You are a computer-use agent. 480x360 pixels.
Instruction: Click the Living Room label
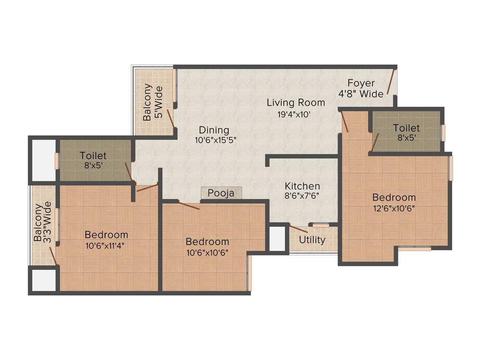coord(296,102)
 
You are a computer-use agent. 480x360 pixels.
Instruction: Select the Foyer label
coord(361,83)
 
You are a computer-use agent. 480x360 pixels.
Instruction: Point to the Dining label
coord(214,130)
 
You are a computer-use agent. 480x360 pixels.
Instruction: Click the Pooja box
coord(221,193)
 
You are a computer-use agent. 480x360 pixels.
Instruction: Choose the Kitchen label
coord(302,186)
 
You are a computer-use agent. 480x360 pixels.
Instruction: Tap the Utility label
coord(312,240)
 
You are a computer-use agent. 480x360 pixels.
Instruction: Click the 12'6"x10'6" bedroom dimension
coord(394,209)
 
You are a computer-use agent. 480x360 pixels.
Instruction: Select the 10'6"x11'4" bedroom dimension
coord(106,245)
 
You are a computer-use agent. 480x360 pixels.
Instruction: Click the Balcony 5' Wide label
coord(153,102)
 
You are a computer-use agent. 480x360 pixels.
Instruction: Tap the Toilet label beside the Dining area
coord(93,156)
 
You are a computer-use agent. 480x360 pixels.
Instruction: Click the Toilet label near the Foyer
coord(406,128)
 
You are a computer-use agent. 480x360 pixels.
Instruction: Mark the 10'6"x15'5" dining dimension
coord(214,140)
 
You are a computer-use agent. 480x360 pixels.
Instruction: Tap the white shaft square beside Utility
coord(277,239)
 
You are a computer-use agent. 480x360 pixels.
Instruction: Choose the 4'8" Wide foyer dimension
coord(361,94)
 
